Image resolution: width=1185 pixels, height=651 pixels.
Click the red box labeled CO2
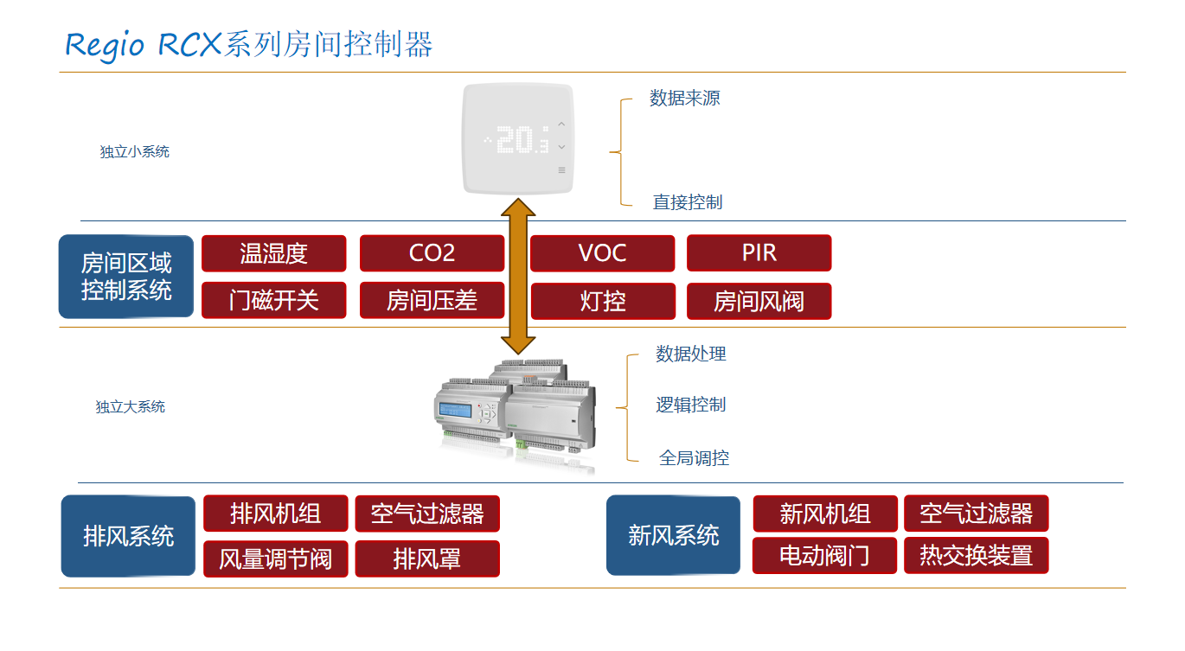(432, 253)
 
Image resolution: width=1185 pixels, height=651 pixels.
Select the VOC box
(602, 253)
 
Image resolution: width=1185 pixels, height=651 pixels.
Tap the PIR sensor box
(759, 253)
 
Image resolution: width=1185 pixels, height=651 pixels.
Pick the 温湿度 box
(273, 253)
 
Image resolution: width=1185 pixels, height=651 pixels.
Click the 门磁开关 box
(273, 301)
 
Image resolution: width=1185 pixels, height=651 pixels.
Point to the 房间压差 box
(432, 301)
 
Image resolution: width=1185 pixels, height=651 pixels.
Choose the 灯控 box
(602, 301)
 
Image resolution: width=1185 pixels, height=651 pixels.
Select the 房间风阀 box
(759, 301)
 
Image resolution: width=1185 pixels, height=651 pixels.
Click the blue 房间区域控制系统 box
(126, 277)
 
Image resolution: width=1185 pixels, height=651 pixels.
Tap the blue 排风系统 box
(128, 536)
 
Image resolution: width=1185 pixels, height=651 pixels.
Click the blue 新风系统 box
(673, 535)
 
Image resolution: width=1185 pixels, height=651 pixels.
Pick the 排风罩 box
(427, 558)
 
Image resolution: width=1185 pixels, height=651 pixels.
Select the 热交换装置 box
(976, 555)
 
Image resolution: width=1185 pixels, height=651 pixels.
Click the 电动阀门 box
(824, 555)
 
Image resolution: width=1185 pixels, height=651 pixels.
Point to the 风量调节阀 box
(275, 558)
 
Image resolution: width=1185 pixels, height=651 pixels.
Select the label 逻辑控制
(690, 405)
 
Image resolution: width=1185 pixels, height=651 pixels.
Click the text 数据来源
(684, 99)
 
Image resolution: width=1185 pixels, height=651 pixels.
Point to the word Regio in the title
(105, 44)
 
